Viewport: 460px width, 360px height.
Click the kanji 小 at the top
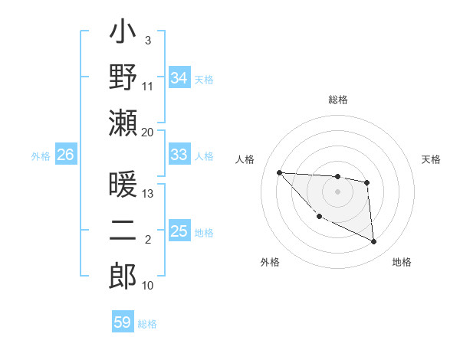pyautogui.click(x=123, y=35)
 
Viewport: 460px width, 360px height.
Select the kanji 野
pyautogui.click(x=123, y=77)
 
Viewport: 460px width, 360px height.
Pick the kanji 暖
pyautogui.click(x=123, y=187)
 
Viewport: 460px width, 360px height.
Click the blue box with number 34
pyautogui.click(x=179, y=78)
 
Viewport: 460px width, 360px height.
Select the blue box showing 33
pyautogui.click(x=179, y=155)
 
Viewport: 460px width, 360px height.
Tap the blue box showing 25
pyautogui.click(x=179, y=231)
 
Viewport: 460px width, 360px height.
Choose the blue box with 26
pyautogui.click(x=65, y=155)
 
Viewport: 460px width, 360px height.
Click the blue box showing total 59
pyautogui.click(x=123, y=322)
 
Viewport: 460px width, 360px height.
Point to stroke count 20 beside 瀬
pyautogui.click(x=148, y=133)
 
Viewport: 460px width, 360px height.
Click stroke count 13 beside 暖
pyautogui.click(x=148, y=194)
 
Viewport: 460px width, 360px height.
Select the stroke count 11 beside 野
pyautogui.click(x=148, y=87)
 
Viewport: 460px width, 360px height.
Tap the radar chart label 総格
pyautogui.click(x=338, y=100)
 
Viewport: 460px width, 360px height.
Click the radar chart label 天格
pyautogui.click(x=432, y=159)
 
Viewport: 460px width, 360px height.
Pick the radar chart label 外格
pyautogui.click(x=270, y=262)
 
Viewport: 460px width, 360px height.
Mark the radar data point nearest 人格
pyautogui.click(x=279, y=172)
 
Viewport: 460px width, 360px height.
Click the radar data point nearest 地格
pyautogui.click(x=374, y=242)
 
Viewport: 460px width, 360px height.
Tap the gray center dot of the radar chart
pyautogui.click(x=337, y=191)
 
